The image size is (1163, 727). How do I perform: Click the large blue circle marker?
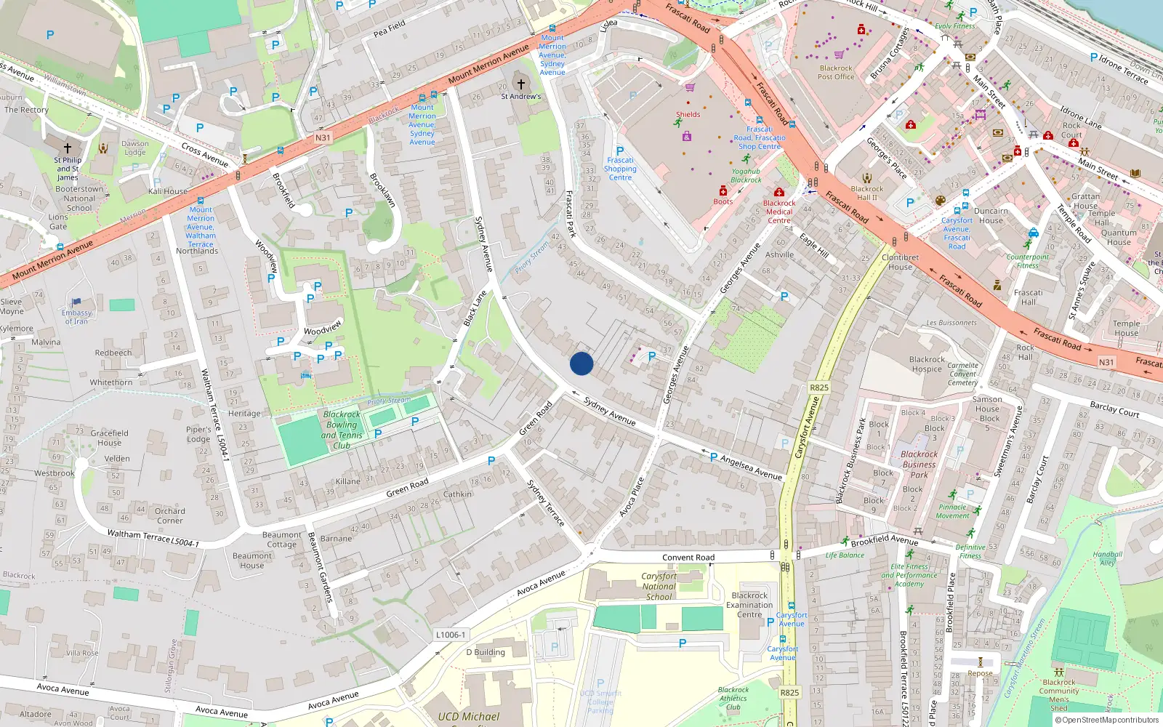tap(581, 363)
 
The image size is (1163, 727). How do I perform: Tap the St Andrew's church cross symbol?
tap(520, 84)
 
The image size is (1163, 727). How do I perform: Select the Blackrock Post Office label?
tap(836, 72)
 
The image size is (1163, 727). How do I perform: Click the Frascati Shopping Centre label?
tap(620, 169)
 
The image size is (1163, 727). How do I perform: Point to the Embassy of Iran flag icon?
tap(76, 302)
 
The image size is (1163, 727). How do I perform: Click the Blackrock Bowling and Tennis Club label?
tap(342, 430)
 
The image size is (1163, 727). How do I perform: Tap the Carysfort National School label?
tap(659, 586)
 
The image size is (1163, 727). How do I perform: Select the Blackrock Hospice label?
tap(927, 364)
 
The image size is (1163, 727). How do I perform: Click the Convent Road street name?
tap(688, 558)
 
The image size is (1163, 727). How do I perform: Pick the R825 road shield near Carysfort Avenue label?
tap(819, 387)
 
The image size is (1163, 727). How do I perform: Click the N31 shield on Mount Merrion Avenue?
tap(323, 137)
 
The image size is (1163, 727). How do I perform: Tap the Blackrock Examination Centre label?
tap(749, 605)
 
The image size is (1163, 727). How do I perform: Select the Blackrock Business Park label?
tap(919, 464)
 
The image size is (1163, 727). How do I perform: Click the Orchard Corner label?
tap(169, 515)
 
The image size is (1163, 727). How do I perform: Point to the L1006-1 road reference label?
tap(451, 635)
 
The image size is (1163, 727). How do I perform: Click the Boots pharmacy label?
tap(723, 201)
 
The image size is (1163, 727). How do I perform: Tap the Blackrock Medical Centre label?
tap(778, 212)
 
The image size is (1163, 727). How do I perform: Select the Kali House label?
tap(168, 191)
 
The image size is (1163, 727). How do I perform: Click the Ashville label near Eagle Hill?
tap(779, 254)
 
